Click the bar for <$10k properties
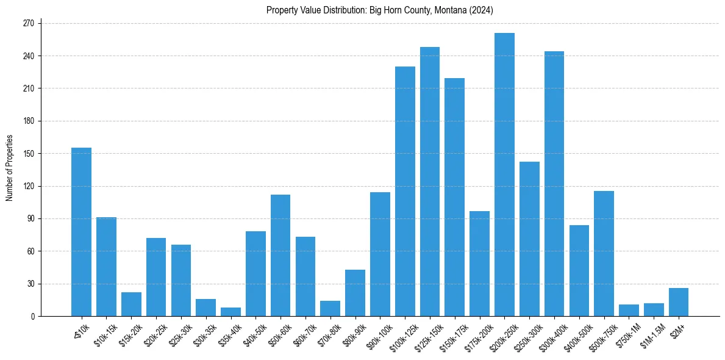pos(81,232)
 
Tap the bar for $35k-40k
pos(230,312)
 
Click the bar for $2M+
pos(679,302)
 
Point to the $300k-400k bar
pos(554,184)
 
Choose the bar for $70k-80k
pos(330,309)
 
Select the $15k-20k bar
pos(131,304)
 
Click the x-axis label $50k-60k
pos(277,334)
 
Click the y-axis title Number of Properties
pos(9,168)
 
